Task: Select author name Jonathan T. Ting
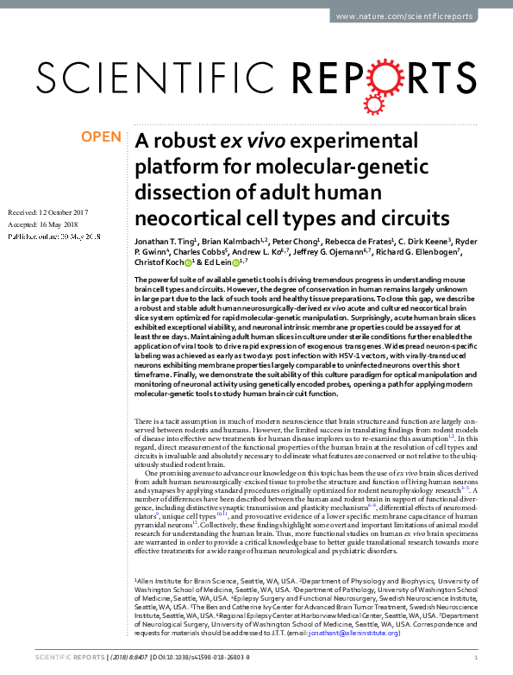[162, 241]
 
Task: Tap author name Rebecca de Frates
[358, 241]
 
